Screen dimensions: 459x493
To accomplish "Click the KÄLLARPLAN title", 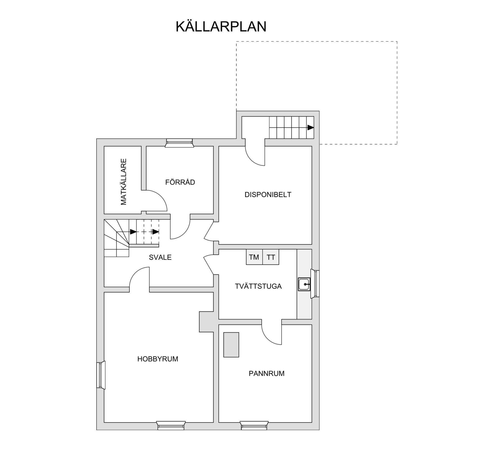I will pyautogui.click(x=221, y=26).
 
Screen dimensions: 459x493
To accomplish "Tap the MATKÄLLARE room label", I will pyautogui.click(x=124, y=182).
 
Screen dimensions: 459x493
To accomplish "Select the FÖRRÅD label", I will pyautogui.click(x=180, y=182).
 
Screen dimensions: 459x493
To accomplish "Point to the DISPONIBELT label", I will pyautogui.click(x=268, y=194).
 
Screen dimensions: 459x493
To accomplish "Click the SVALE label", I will pyautogui.click(x=160, y=257).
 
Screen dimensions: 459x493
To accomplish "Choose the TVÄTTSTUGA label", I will pyautogui.click(x=258, y=286).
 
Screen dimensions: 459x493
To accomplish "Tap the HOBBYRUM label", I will pyautogui.click(x=158, y=359).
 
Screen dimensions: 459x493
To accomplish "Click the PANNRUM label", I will pyautogui.click(x=267, y=373).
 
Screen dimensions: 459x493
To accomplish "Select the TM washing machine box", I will pyautogui.click(x=254, y=257).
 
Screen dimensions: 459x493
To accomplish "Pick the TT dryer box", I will pyautogui.click(x=271, y=257).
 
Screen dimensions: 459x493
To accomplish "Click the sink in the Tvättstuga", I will pyautogui.click(x=304, y=284).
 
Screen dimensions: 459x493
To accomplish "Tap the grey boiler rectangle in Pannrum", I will pyautogui.click(x=231, y=345).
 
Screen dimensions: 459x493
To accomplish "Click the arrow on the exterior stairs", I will pyautogui.click(x=310, y=127).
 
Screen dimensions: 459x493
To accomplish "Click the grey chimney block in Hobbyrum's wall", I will pyautogui.click(x=206, y=322).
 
